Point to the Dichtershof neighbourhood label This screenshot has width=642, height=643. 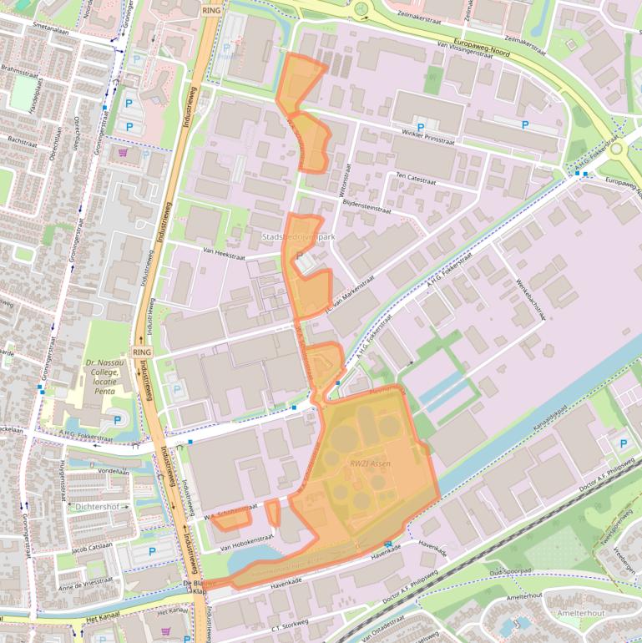pos(99,506)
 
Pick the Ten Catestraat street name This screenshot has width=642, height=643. pos(417,176)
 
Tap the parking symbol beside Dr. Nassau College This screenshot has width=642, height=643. pos(117,420)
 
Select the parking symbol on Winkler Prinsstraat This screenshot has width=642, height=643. pos(524,125)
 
